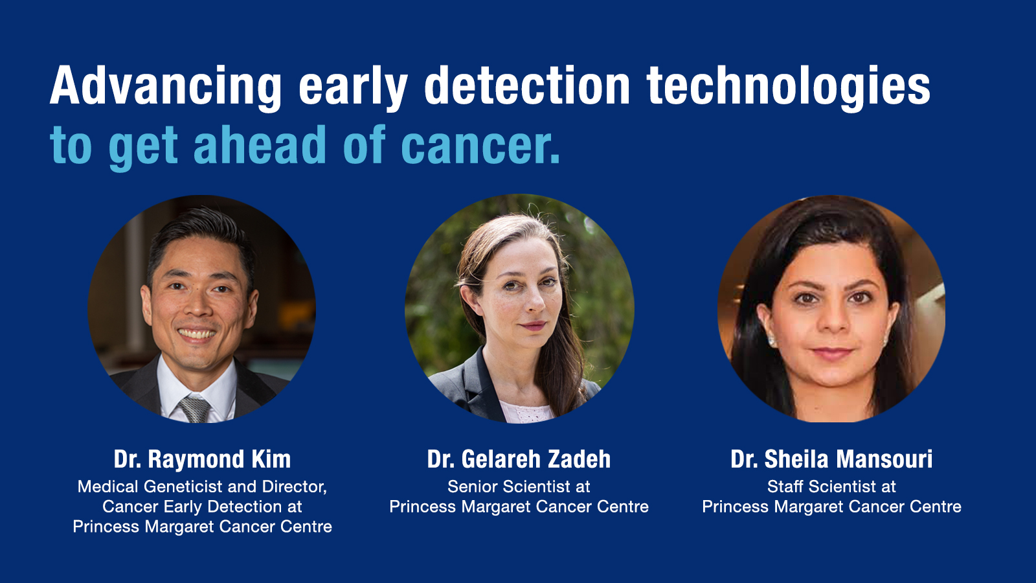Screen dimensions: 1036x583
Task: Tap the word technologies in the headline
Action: (x=789, y=87)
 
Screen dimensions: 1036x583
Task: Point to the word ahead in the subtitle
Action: (x=260, y=144)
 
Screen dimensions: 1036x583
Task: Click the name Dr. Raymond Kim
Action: (x=202, y=459)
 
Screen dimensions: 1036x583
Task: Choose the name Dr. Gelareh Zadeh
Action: (x=519, y=459)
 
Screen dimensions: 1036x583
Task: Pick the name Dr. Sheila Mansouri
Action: (x=831, y=459)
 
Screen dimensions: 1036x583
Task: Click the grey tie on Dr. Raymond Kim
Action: (x=195, y=409)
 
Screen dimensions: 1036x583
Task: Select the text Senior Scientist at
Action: (x=519, y=486)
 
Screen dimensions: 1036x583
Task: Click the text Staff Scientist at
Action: (x=831, y=486)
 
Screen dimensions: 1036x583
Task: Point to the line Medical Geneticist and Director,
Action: (x=202, y=487)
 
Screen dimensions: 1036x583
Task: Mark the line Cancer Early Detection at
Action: (x=202, y=507)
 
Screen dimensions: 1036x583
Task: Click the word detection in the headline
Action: (x=527, y=86)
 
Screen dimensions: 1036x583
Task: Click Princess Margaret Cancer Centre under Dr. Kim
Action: (x=202, y=527)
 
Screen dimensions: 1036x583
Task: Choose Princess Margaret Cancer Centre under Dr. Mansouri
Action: (x=831, y=507)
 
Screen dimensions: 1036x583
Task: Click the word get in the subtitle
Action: (x=143, y=147)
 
